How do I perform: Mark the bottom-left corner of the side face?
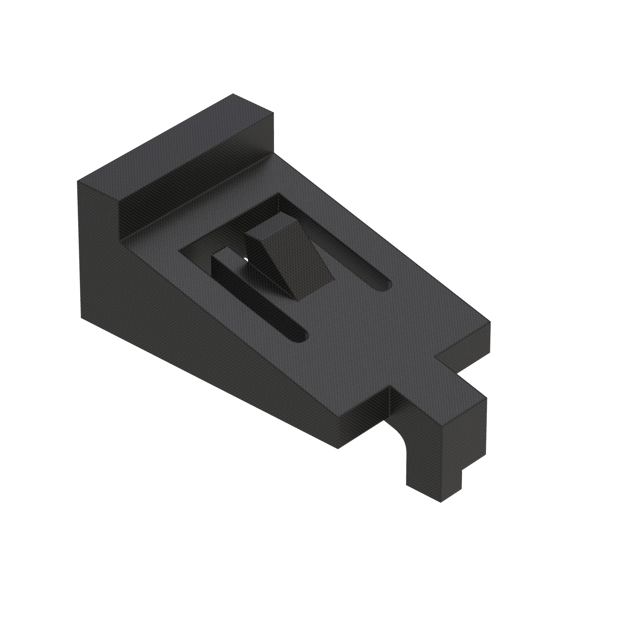click(x=81, y=318)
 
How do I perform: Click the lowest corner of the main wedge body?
click(x=338, y=448)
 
